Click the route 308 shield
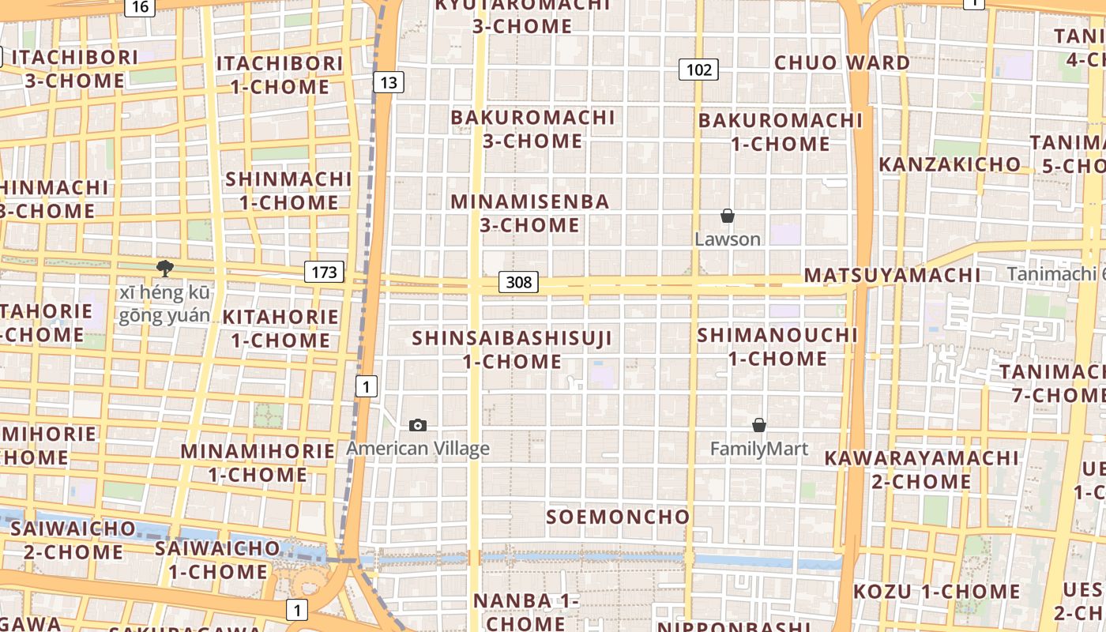coord(518,282)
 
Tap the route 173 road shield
coord(324,273)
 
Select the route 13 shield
coord(388,82)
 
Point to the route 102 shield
coord(698,70)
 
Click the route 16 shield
coord(139,7)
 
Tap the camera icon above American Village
coord(418,426)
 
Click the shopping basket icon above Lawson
coord(728,216)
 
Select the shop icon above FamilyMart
coord(759,426)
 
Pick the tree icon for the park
coord(165,268)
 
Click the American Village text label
coord(418,449)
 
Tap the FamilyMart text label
coord(759,450)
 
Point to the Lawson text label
coord(728,239)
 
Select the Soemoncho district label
coord(619,517)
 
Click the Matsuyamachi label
coord(892,276)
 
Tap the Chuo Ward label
coord(842,63)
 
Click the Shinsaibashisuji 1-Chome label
coord(512,350)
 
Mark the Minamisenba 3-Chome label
coord(530,213)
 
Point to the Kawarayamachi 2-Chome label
coord(921,470)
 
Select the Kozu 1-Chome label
coord(936,592)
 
